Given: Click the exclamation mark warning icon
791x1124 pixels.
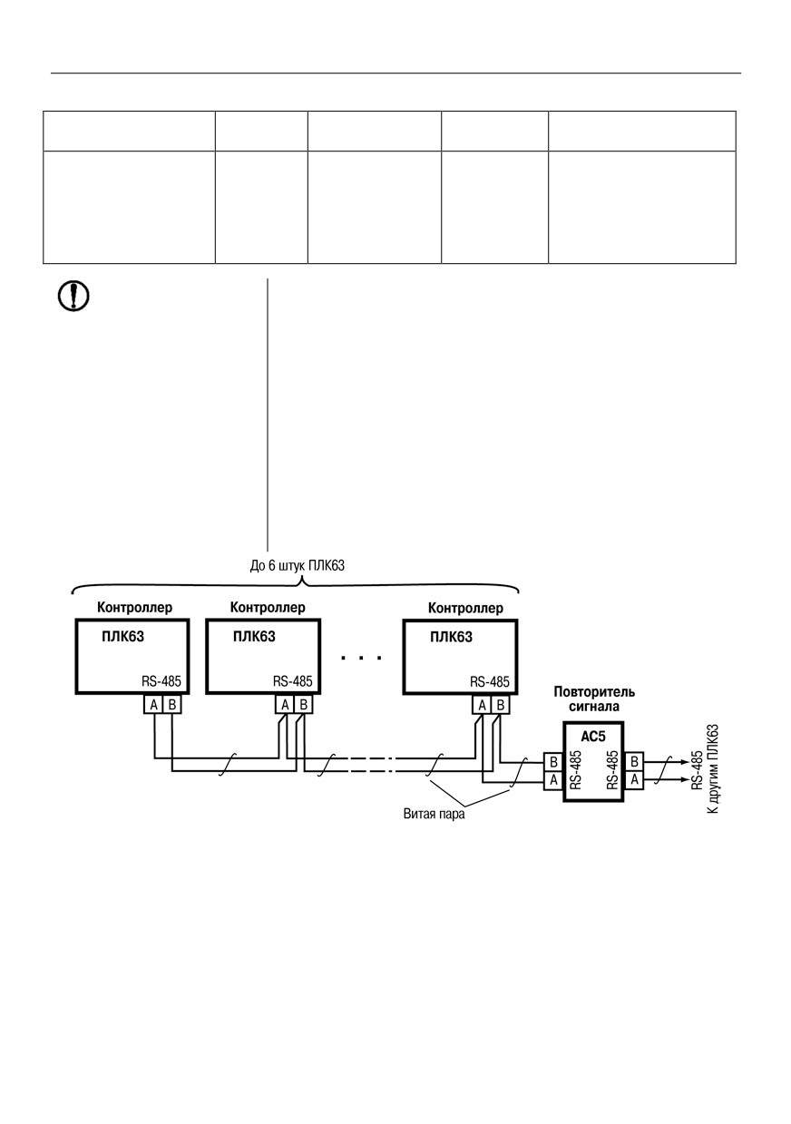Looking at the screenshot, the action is [x=73, y=296].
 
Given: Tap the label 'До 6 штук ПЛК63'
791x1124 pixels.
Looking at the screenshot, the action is [x=298, y=566].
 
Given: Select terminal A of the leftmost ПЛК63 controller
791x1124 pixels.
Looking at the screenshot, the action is [x=153, y=705].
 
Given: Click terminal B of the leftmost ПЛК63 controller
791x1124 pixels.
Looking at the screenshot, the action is [x=171, y=705].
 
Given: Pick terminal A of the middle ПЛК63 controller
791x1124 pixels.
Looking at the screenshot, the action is [x=285, y=705].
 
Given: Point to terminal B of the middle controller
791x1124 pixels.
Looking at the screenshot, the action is [x=303, y=705].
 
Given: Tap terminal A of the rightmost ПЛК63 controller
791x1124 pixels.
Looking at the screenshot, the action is [x=482, y=705].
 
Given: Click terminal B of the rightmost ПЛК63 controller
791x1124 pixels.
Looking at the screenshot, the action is [x=501, y=705].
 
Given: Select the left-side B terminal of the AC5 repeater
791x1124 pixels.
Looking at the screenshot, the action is [x=553, y=762].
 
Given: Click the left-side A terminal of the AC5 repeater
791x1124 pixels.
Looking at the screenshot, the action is [x=553, y=780].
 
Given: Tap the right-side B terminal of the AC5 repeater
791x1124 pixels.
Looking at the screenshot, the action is [x=634, y=762].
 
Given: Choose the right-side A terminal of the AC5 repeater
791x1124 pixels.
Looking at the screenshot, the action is [x=634, y=780].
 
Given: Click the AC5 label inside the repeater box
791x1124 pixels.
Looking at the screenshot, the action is [x=593, y=736].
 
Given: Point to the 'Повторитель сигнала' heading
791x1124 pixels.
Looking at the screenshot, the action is [x=594, y=699].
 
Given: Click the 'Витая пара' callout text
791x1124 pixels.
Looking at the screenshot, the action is [x=434, y=814].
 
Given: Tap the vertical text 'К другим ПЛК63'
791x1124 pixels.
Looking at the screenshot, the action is [x=713, y=769].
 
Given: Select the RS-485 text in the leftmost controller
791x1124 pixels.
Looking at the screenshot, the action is [x=161, y=681].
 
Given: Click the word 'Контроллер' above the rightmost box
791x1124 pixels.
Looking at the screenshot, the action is [x=465, y=608].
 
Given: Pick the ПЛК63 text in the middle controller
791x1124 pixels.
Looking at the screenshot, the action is [x=254, y=637].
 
